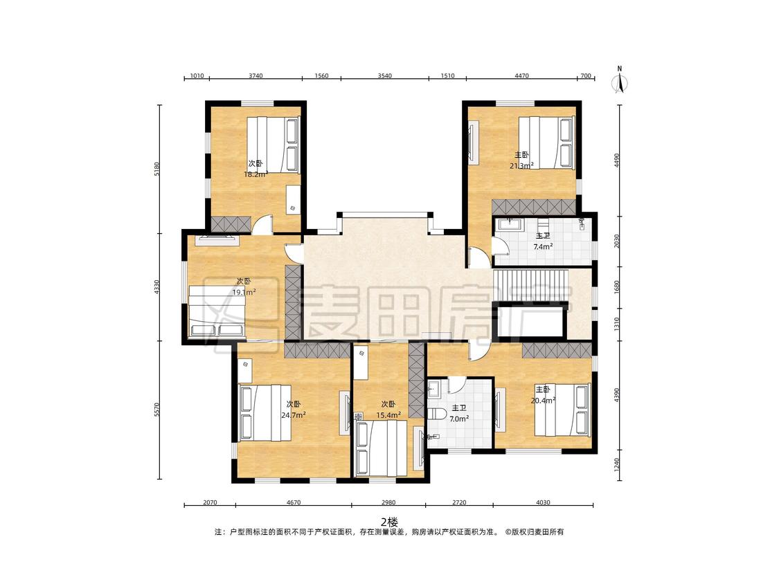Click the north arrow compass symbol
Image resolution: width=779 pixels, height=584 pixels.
coord(620,80)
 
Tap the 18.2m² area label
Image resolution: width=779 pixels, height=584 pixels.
coord(256,174)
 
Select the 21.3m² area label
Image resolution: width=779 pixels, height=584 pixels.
coord(521,165)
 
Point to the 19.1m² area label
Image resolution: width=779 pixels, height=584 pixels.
coord(244,292)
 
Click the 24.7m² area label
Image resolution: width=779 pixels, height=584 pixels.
coord(293,415)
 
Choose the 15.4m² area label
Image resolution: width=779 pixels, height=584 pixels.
coord(388,415)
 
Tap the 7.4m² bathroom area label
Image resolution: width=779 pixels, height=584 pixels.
coord(543,246)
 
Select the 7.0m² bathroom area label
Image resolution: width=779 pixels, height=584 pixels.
coord(459,419)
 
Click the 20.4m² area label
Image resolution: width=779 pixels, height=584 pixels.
coord(543,400)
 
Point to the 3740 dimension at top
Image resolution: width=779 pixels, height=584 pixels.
coord(256,75)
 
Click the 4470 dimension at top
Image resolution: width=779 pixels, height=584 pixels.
coord(521,75)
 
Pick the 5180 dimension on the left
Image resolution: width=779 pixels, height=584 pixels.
coord(158,169)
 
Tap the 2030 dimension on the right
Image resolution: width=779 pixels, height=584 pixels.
coord(617,241)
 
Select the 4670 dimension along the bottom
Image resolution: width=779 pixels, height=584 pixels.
coord(294,502)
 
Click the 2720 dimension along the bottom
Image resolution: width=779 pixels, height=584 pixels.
coord(459,502)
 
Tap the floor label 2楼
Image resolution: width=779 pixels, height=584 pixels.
coord(389,522)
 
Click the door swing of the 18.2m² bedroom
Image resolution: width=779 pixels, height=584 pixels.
coord(262,224)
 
